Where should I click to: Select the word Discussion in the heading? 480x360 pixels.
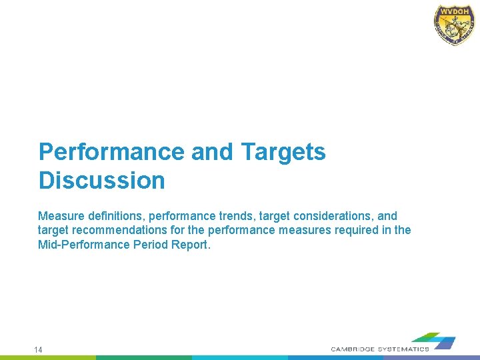tap(101, 181)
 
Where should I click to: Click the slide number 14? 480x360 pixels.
tap(39, 349)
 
